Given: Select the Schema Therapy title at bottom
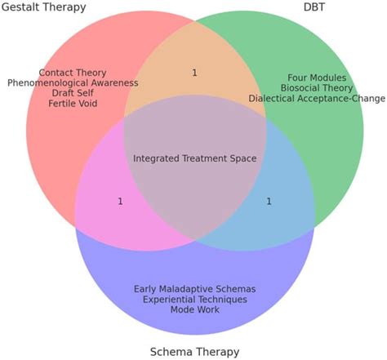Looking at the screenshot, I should point(194,352).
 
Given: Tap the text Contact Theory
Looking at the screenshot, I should point(73,73).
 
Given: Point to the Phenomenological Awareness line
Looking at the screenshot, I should point(73,82).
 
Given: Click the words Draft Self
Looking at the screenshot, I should point(73,93).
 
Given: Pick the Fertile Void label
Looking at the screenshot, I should point(73,104).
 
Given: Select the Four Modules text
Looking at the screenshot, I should point(317,78).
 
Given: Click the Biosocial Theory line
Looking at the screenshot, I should point(317,88).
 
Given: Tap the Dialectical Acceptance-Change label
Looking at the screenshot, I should point(317,99).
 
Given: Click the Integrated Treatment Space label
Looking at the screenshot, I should point(194,158).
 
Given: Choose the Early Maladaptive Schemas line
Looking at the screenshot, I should point(194,288).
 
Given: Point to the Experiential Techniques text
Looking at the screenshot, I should point(194,299).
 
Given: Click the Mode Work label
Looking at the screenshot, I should point(194,309).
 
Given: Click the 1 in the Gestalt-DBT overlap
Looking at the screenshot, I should point(194,73).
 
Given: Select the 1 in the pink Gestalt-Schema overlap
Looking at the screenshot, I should point(120,201).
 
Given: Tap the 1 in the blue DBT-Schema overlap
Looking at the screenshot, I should point(269,201).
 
